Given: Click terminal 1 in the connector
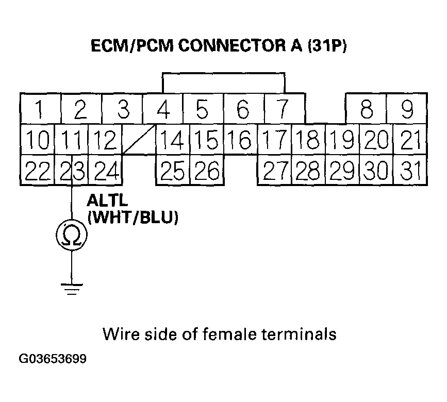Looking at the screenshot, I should pyautogui.click(x=40, y=109).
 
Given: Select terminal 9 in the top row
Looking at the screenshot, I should pyautogui.click(x=407, y=109).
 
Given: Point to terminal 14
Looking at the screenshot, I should pyautogui.click(x=172, y=140).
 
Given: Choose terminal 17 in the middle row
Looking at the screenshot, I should pyautogui.click(x=274, y=140).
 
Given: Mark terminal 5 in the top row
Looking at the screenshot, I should pyautogui.click(x=203, y=109).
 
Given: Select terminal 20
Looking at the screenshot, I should pyautogui.click(x=376, y=140).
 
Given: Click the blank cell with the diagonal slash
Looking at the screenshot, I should pyautogui.click(x=139, y=140).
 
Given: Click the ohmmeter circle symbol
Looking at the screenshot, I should pyautogui.click(x=72, y=236).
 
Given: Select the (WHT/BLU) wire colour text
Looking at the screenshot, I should pyautogui.click(x=133, y=218).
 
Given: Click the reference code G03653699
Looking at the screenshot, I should pyautogui.click(x=53, y=358).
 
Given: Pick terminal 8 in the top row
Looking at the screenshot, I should pyautogui.click(x=366, y=109).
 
